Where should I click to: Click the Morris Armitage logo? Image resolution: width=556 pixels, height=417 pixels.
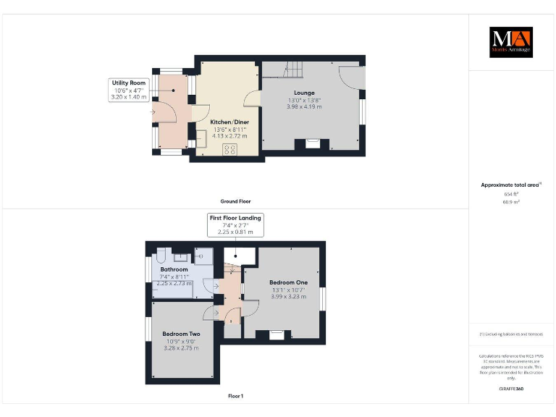(x=510, y=42)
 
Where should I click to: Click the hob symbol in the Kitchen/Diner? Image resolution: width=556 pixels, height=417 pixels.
(x=231, y=150)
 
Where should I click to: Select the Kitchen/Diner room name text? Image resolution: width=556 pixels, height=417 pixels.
(x=230, y=122)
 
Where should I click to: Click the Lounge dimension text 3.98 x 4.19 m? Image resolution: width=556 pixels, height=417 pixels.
(x=304, y=106)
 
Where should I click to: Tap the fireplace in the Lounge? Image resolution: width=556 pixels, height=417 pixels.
(x=311, y=144)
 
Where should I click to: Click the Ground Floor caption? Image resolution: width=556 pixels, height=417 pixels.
(x=235, y=201)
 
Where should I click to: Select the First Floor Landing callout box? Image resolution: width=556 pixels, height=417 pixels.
(x=235, y=224)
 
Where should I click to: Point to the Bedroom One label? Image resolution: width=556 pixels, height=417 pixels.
(x=288, y=282)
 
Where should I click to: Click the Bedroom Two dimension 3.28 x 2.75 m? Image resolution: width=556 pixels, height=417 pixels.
(x=180, y=348)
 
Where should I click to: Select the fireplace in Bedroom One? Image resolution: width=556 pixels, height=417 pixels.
(x=277, y=334)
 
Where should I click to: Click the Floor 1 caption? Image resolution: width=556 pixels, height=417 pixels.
(x=235, y=396)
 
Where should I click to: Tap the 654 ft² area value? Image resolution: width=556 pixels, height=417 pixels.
(x=512, y=194)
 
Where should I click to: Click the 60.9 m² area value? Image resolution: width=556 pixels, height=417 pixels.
(x=512, y=202)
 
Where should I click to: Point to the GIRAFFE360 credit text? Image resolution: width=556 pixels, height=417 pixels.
(x=511, y=389)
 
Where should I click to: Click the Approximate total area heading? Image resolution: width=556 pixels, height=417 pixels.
(x=510, y=185)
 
